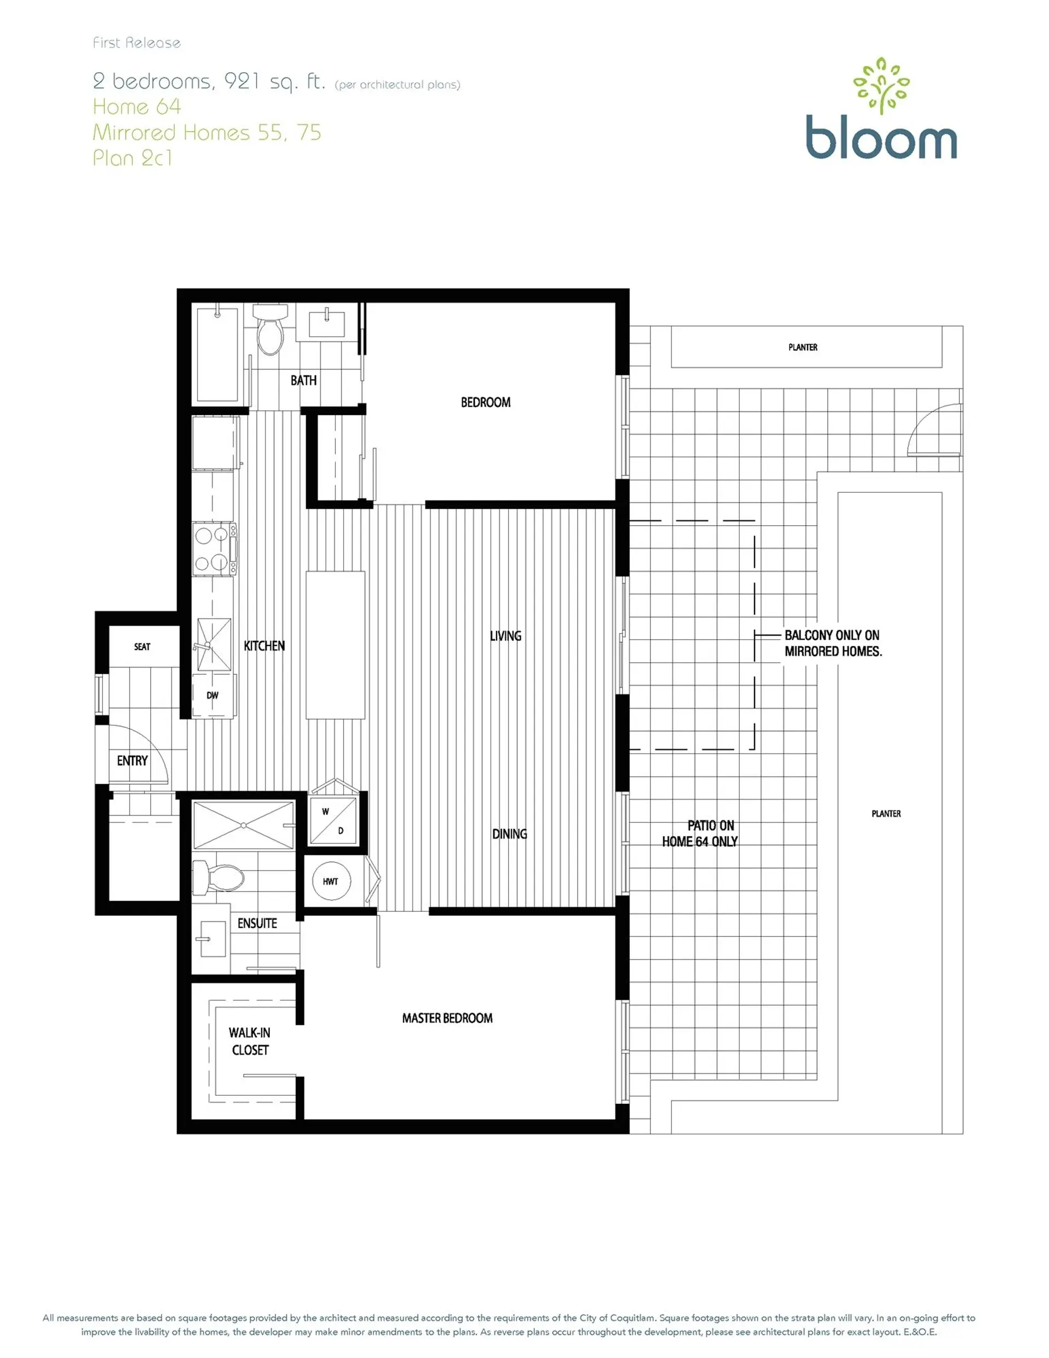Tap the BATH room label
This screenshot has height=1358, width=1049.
point(303,380)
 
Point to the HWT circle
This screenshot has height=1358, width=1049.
point(330,881)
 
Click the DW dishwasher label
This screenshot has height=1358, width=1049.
point(213,695)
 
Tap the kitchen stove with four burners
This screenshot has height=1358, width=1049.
point(213,549)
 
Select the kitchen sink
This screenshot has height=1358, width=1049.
point(213,644)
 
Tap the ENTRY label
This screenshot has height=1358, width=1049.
point(132,761)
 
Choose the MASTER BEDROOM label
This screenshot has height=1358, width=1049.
point(447,1019)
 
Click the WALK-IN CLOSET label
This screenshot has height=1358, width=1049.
point(249,1042)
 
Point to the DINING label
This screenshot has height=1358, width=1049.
point(509,834)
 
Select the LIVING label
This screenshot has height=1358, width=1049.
point(505,636)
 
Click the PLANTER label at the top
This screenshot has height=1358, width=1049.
point(803,347)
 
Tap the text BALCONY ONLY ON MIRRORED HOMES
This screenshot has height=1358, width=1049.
point(833,643)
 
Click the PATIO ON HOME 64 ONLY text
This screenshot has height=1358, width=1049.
point(699,833)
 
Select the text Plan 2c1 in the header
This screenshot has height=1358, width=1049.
point(132,158)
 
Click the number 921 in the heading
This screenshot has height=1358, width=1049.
point(242,81)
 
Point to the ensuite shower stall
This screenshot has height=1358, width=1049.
point(243,825)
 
